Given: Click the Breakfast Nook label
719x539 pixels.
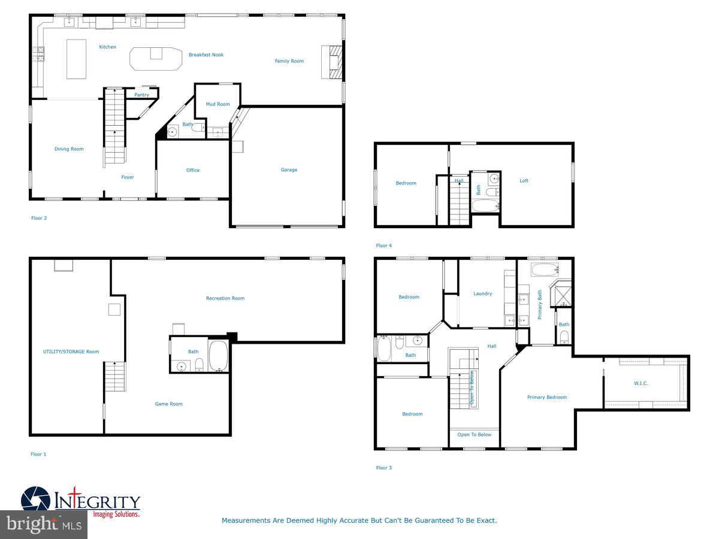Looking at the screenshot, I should click(206, 55).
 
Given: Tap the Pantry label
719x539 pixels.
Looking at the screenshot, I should click(141, 95).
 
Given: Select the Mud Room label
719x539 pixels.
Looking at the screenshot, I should click(217, 104).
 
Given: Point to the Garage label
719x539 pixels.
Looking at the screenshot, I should click(289, 170).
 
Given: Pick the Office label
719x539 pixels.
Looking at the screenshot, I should click(192, 171).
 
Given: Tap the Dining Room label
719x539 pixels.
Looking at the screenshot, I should click(69, 149).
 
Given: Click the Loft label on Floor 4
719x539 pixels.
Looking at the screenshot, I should click(524, 181).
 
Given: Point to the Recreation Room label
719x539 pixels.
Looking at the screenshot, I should click(225, 298).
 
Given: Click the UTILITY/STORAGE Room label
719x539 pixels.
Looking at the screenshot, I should click(71, 352).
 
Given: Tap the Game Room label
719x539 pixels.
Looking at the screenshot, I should click(169, 404).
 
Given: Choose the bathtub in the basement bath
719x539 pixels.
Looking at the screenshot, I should click(218, 355).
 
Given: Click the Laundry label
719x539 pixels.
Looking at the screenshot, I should click(482, 293).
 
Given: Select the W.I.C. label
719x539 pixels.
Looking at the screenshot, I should click(641, 383).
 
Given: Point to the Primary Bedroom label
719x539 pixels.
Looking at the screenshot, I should click(546, 398).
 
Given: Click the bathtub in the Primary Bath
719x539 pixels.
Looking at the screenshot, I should click(544, 269).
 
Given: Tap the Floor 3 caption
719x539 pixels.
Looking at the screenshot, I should click(383, 468).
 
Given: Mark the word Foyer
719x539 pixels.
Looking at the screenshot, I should click(128, 177).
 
